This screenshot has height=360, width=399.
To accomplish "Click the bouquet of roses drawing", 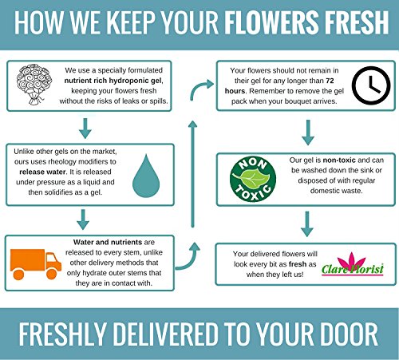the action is pyautogui.click(x=34, y=85).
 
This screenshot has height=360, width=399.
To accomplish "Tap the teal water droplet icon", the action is pyautogui.click(x=146, y=176).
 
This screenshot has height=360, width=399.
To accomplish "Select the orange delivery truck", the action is pyautogui.click(x=36, y=264).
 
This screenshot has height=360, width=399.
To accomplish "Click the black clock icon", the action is pyautogui.click(x=371, y=85).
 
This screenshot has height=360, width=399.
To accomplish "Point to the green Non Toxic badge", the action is pyautogui.click(x=253, y=179).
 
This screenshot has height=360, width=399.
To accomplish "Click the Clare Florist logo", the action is pyautogui.click(x=353, y=264).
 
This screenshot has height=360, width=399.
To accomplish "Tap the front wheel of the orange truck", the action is pyautogui.click(x=52, y=274).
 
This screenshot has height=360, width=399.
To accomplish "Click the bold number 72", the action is pyautogui.click(x=330, y=81).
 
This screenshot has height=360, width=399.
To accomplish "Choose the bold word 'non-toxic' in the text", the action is pyautogui.click(x=339, y=160).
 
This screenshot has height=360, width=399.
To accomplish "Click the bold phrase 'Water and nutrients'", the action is pyautogui.click(x=108, y=242).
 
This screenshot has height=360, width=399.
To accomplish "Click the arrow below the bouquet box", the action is pyautogui.click(x=85, y=129).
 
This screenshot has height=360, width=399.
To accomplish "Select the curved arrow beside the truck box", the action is pyautogui.click(x=188, y=256).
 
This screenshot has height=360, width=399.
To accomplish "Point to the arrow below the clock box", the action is pyautogui.click(x=308, y=133).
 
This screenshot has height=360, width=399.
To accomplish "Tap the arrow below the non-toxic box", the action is pyautogui.click(x=307, y=224).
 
